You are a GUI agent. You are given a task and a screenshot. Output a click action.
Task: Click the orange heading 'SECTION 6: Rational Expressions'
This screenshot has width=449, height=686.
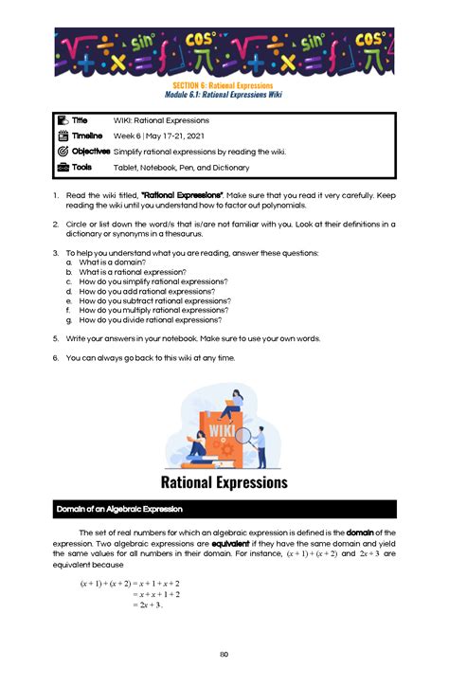(224, 84)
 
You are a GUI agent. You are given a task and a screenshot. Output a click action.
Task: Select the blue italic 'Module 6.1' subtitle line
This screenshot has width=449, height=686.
(224, 94)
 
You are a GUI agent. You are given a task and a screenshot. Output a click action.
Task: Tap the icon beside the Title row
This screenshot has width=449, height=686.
(63, 120)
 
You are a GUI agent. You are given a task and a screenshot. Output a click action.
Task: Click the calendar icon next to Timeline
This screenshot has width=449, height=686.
(63, 136)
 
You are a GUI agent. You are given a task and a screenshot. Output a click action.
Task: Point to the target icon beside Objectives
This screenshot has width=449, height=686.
(63, 152)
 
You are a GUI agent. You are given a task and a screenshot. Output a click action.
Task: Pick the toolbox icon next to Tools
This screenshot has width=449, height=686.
(63, 167)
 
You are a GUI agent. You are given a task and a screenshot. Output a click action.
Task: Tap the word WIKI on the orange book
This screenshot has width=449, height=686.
(222, 428)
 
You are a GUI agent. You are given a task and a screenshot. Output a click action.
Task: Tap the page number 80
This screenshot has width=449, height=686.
(224, 654)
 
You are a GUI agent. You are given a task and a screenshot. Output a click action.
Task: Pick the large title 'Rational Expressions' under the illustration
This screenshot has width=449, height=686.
(224, 482)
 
